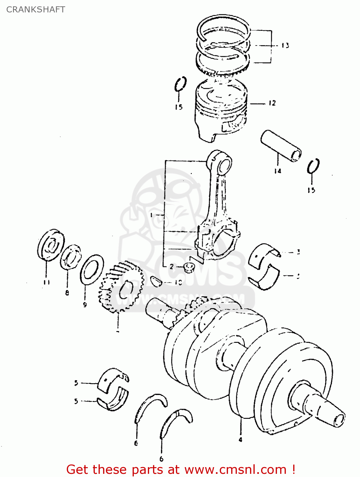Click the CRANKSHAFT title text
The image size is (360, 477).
(36, 10)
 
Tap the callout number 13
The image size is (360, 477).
(285, 45)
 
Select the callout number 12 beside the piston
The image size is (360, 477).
(272, 103)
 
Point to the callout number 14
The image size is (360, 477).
(278, 171)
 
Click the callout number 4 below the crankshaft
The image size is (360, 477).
(240, 440)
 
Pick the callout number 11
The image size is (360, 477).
(46, 282)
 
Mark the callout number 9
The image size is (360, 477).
(85, 305)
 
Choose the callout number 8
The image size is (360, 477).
(67, 293)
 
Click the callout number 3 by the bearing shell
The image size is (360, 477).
(298, 252)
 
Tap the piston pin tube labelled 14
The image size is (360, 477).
(281, 146)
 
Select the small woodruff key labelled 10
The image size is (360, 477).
(156, 281)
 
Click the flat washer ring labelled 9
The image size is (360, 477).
(92, 269)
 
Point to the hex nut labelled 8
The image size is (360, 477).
(71, 256)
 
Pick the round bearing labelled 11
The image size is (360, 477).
(51, 244)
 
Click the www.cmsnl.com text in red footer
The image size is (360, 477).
(235, 469)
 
